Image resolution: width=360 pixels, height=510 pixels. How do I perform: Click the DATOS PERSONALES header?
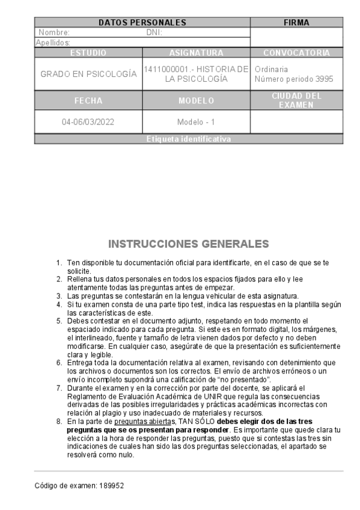click(x=142, y=23)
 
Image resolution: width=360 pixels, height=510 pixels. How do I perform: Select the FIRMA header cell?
click(x=296, y=23)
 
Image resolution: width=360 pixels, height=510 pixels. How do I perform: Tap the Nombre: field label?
click(x=54, y=32)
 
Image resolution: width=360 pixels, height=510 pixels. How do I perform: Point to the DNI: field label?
click(x=154, y=32)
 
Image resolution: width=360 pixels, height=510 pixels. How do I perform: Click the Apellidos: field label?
click(x=53, y=43)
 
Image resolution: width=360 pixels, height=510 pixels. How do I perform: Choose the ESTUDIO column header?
click(x=88, y=53)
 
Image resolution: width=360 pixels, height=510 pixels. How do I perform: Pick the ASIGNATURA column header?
click(x=196, y=53)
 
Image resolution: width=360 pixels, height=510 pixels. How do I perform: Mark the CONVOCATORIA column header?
click(x=296, y=53)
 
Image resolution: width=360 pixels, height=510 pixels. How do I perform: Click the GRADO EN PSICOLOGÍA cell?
click(x=88, y=74)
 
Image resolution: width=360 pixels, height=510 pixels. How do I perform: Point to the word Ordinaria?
click(x=271, y=69)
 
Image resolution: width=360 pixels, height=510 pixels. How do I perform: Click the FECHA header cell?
click(x=88, y=100)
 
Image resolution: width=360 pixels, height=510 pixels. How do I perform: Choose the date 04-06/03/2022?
click(x=88, y=122)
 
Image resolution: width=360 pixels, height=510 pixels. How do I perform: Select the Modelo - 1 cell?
click(x=196, y=122)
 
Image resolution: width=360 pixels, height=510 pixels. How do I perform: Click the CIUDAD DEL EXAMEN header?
click(x=296, y=100)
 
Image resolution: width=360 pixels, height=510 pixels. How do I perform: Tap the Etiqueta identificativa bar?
click(x=188, y=140)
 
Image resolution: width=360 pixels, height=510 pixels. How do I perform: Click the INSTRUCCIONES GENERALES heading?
click(x=188, y=244)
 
